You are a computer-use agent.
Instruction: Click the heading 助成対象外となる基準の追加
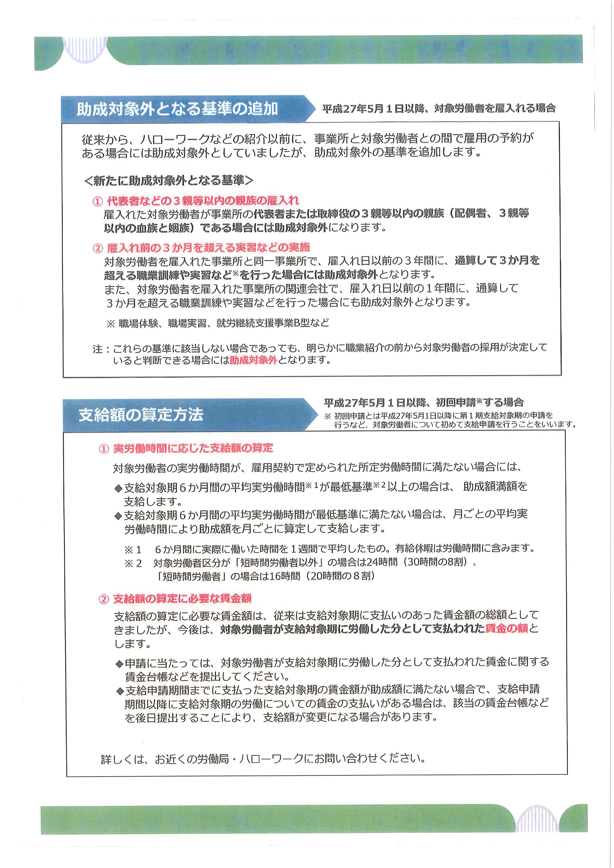point(177,109)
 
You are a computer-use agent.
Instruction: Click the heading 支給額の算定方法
point(141,415)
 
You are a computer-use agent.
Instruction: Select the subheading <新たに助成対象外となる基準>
point(168,181)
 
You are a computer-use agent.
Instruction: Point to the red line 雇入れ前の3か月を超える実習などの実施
point(208,248)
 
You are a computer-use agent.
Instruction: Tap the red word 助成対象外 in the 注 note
point(254,360)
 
